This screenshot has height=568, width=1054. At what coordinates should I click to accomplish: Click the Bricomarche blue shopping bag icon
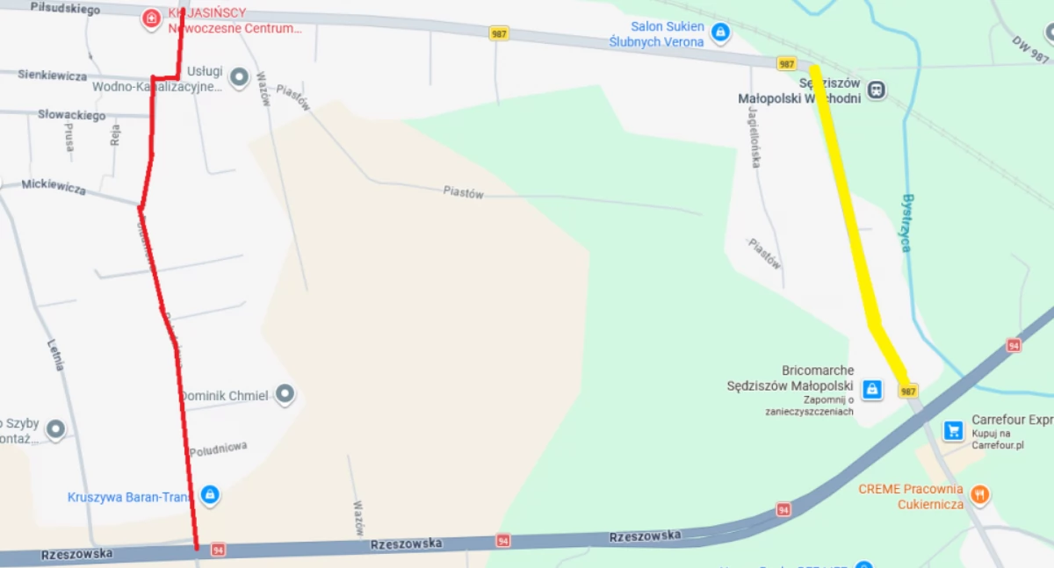(x=871, y=389)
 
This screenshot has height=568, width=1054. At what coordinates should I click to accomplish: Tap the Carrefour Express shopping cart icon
(x=953, y=430)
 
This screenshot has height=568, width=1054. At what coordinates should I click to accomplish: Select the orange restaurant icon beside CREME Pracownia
(x=979, y=495)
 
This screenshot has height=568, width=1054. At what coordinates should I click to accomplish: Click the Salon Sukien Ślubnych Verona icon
(x=720, y=33)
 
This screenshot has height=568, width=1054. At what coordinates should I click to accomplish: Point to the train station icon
(x=876, y=90)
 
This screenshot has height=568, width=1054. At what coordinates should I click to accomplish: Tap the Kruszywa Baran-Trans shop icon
(x=209, y=495)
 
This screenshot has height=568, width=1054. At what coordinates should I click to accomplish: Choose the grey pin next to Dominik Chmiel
(x=285, y=394)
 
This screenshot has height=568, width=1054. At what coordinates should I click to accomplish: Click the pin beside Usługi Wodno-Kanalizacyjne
(x=239, y=78)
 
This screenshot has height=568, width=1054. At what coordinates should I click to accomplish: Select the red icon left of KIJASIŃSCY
(x=151, y=18)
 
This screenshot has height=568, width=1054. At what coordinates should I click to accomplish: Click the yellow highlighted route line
(x=848, y=219)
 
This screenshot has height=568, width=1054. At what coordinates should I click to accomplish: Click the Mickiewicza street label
(x=54, y=187)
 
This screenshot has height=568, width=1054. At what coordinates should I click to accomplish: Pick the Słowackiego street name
(x=71, y=115)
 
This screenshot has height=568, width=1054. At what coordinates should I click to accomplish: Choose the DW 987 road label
(x=1029, y=49)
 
